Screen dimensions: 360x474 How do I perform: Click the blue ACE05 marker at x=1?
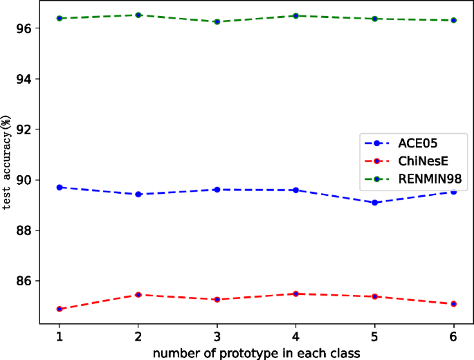click(60, 188)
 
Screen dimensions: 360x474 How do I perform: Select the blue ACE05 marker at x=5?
click(375, 203)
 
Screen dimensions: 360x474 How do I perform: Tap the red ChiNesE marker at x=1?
click(60, 309)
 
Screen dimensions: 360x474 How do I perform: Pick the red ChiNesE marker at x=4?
click(296, 294)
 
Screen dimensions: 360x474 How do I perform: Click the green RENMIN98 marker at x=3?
click(217, 21)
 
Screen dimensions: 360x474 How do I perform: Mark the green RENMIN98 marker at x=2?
click(138, 15)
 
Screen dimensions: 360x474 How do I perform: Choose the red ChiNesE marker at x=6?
click(454, 304)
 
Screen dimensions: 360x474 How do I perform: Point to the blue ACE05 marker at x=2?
click(138, 195)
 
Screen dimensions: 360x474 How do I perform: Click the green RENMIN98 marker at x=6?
click(454, 20)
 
